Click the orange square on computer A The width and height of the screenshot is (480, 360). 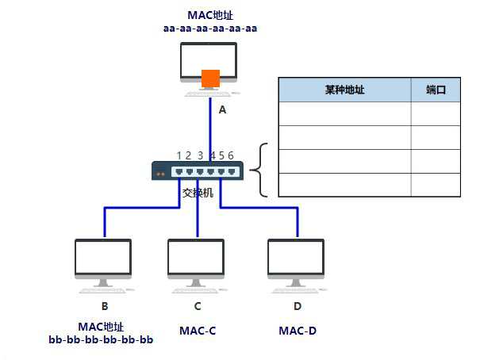(210, 79)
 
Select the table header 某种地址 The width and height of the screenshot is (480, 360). (344, 90)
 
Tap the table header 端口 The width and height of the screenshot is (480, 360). (436, 90)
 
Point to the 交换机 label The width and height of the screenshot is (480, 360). (198, 193)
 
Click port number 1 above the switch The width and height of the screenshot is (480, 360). (180, 155)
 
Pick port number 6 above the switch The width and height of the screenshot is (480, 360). (231, 155)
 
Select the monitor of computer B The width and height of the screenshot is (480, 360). (103, 257)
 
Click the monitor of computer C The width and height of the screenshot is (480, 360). (196, 257)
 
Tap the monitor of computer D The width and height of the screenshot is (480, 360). (296, 257)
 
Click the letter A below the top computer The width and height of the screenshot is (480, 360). (222, 110)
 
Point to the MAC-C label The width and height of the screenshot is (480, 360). (198, 329)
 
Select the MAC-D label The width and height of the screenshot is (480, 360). (298, 329)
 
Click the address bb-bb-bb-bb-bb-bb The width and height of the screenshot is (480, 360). (101, 340)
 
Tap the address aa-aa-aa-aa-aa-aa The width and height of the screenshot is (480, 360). (210, 28)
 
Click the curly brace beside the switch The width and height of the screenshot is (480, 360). (262, 170)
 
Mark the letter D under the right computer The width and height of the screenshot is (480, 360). (297, 305)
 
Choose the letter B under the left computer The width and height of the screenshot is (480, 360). (104, 305)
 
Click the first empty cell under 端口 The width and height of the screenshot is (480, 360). (436, 114)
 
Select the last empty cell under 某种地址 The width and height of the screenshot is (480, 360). (344, 185)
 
